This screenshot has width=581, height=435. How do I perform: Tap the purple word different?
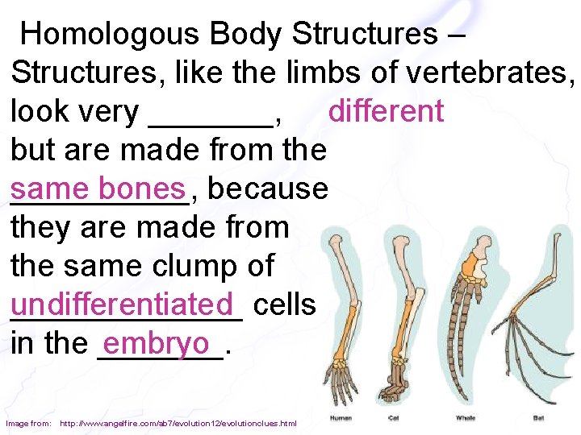coord(386,111)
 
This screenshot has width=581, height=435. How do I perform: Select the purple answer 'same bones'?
coord(98,188)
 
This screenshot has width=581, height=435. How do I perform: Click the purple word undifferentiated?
coord(126,304)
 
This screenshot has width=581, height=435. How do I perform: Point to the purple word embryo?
coord(157,343)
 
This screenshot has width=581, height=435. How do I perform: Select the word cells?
coord(284,304)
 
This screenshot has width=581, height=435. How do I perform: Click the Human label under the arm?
coord(341,418)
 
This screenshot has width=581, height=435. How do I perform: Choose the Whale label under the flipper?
coord(466,418)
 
